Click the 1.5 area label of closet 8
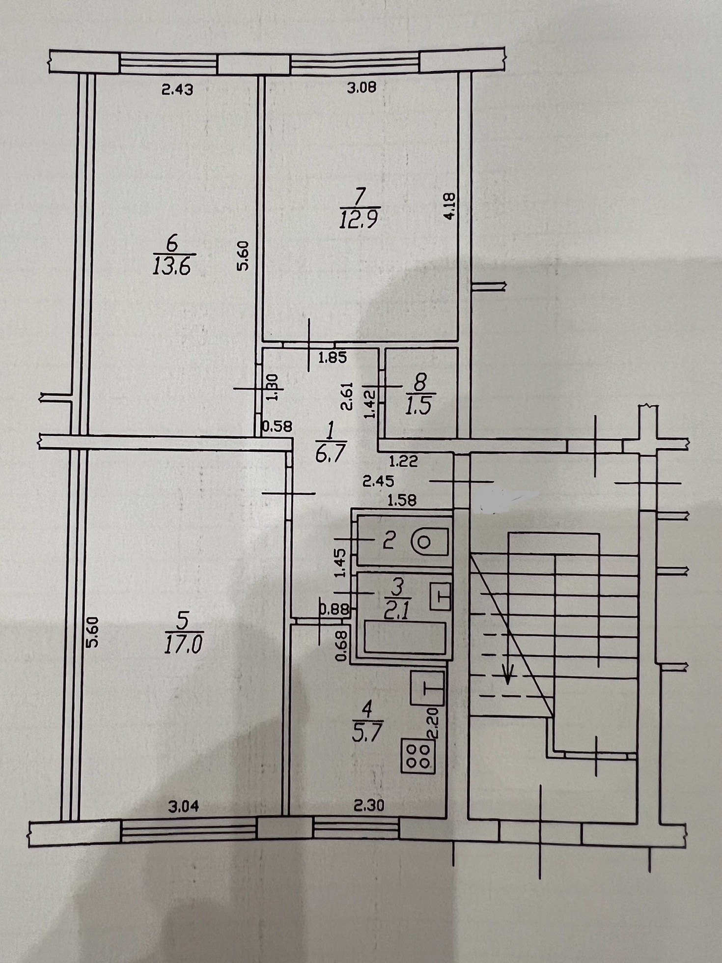[x=418, y=407]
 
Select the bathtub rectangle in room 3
[x=405, y=637]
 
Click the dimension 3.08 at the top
[x=361, y=88]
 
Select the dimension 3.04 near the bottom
[x=183, y=806]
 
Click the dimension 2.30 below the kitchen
[x=369, y=806]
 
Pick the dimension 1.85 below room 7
[x=333, y=358]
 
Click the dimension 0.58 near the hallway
[x=277, y=427]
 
